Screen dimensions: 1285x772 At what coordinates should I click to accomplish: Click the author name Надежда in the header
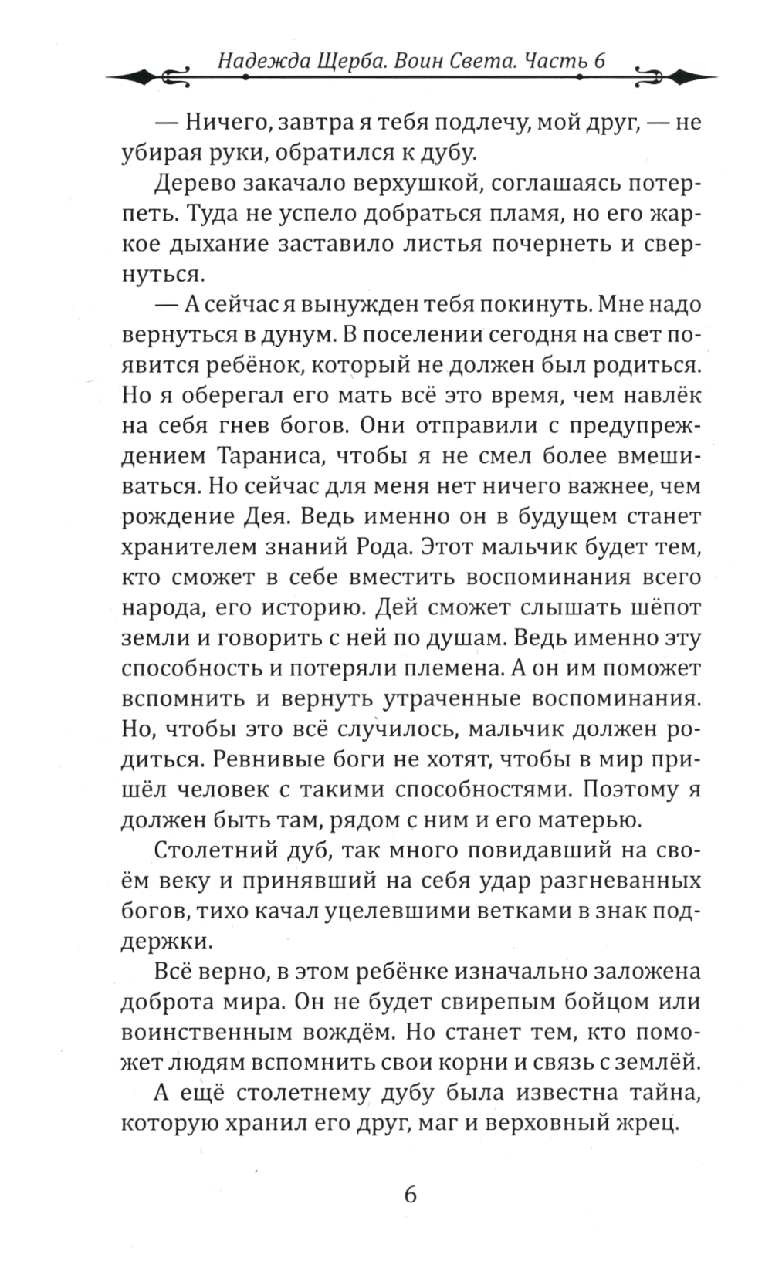[253, 62]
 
